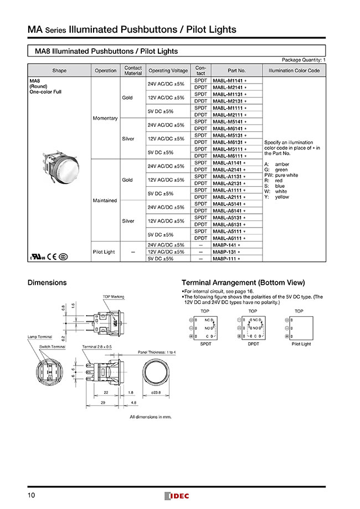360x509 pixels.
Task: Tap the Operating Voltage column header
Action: click(x=168, y=70)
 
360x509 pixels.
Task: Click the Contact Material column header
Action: click(x=133, y=70)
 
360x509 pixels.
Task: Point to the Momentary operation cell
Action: click(x=105, y=119)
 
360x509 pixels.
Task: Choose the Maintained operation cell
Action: click(x=105, y=200)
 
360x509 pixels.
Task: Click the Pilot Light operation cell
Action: click(x=105, y=251)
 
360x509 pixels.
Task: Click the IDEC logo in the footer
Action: click(x=177, y=496)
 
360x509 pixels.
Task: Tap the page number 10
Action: click(x=32, y=495)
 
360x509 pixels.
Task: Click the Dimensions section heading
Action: click(x=47, y=282)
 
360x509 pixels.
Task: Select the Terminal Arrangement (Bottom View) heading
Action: click(x=243, y=282)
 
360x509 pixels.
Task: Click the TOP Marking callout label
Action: click(x=114, y=297)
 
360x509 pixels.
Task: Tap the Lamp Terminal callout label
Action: click(x=39, y=336)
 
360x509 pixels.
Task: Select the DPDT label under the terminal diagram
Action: click(x=253, y=344)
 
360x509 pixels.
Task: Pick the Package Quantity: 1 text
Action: click(x=304, y=59)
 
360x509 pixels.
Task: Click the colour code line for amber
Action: click(x=277, y=164)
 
